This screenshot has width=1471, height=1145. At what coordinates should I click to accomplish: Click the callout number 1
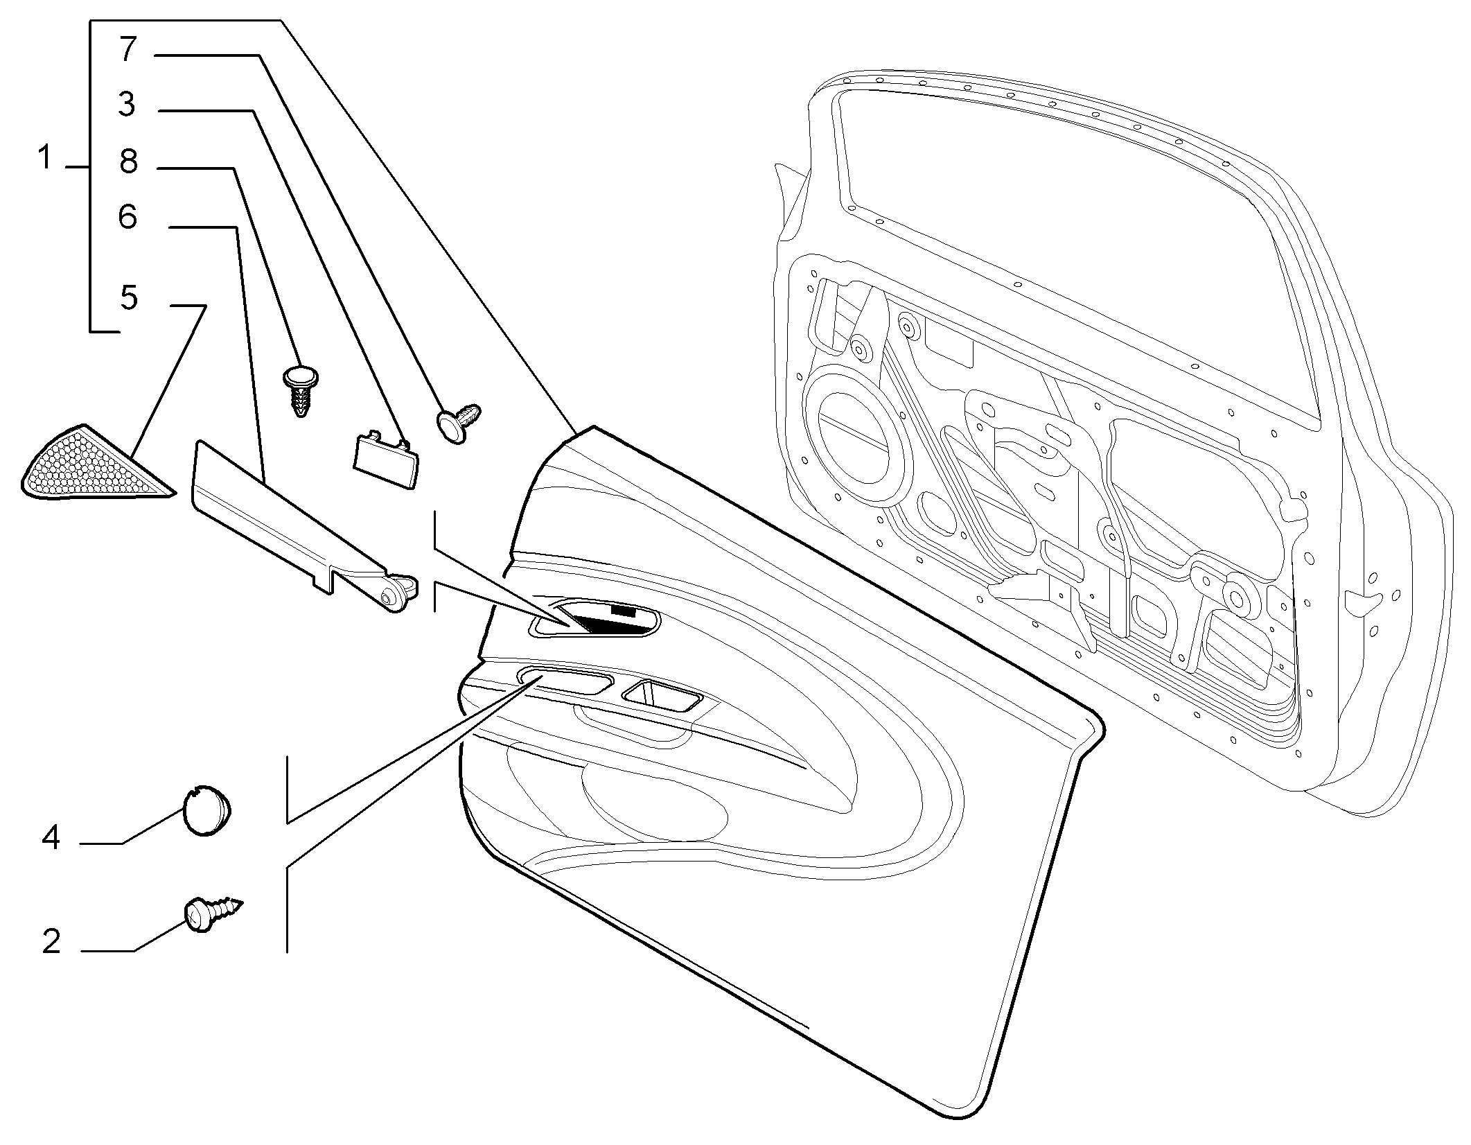pyautogui.click(x=45, y=158)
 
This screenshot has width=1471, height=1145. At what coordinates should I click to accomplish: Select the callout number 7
pyautogui.click(x=128, y=50)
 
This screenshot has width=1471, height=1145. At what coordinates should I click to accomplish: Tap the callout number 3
pyautogui.click(x=127, y=105)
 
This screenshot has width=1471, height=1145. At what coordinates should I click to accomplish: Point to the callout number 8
pyautogui.click(x=128, y=161)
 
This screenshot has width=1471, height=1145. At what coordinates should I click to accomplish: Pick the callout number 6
pyautogui.click(x=128, y=217)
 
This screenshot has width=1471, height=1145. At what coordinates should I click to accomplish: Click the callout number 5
pyautogui.click(x=129, y=297)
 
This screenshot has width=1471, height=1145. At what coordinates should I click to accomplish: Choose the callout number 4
pyautogui.click(x=51, y=838)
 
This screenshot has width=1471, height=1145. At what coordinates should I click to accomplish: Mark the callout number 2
pyautogui.click(x=51, y=942)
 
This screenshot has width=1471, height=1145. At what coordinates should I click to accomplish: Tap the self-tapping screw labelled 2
pyautogui.click(x=213, y=912)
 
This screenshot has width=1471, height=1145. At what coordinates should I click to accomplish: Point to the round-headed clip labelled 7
pyautogui.click(x=459, y=421)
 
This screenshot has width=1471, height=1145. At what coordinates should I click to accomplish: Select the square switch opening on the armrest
pyautogui.click(x=662, y=695)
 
